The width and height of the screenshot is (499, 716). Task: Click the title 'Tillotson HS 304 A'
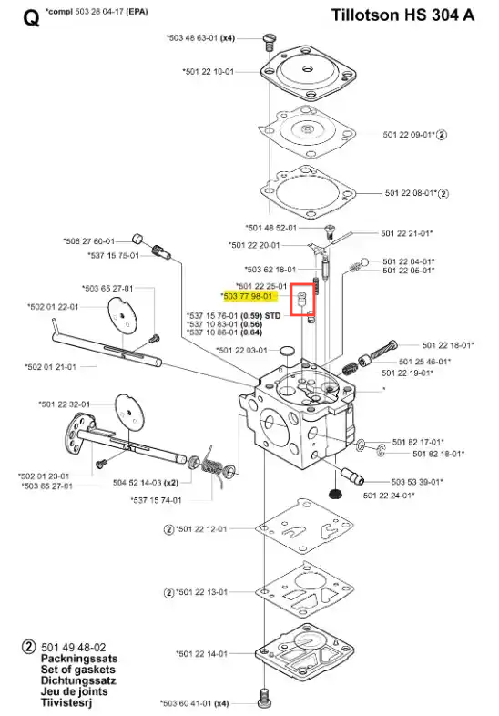(402, 15)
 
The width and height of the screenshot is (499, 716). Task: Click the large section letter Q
(31, 18)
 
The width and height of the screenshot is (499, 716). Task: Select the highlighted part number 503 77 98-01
(248, 296)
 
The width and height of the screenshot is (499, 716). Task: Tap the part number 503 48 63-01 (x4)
(201, 38)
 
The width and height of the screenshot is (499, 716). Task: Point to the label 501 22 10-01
(209, 72)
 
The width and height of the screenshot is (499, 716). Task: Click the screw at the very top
(269, 42)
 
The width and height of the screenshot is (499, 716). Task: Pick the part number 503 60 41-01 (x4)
(195, 703)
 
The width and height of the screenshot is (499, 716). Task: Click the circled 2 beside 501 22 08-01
(443, 194)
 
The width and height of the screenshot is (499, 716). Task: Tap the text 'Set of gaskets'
(78, 670)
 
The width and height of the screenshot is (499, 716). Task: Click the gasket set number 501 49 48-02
(74, 648)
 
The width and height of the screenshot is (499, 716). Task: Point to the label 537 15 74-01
(156, 500)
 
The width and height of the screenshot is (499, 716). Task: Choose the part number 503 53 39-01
(417, 482)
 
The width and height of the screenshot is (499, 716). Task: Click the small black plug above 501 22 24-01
(337, 494)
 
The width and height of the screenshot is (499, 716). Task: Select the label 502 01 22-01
(53, 307)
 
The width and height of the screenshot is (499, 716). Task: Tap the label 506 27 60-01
(89, 241)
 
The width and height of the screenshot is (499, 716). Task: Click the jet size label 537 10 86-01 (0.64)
(224, 332)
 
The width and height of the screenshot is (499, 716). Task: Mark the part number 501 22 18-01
(448, 345)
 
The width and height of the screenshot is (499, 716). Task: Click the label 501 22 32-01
(65, 404)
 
